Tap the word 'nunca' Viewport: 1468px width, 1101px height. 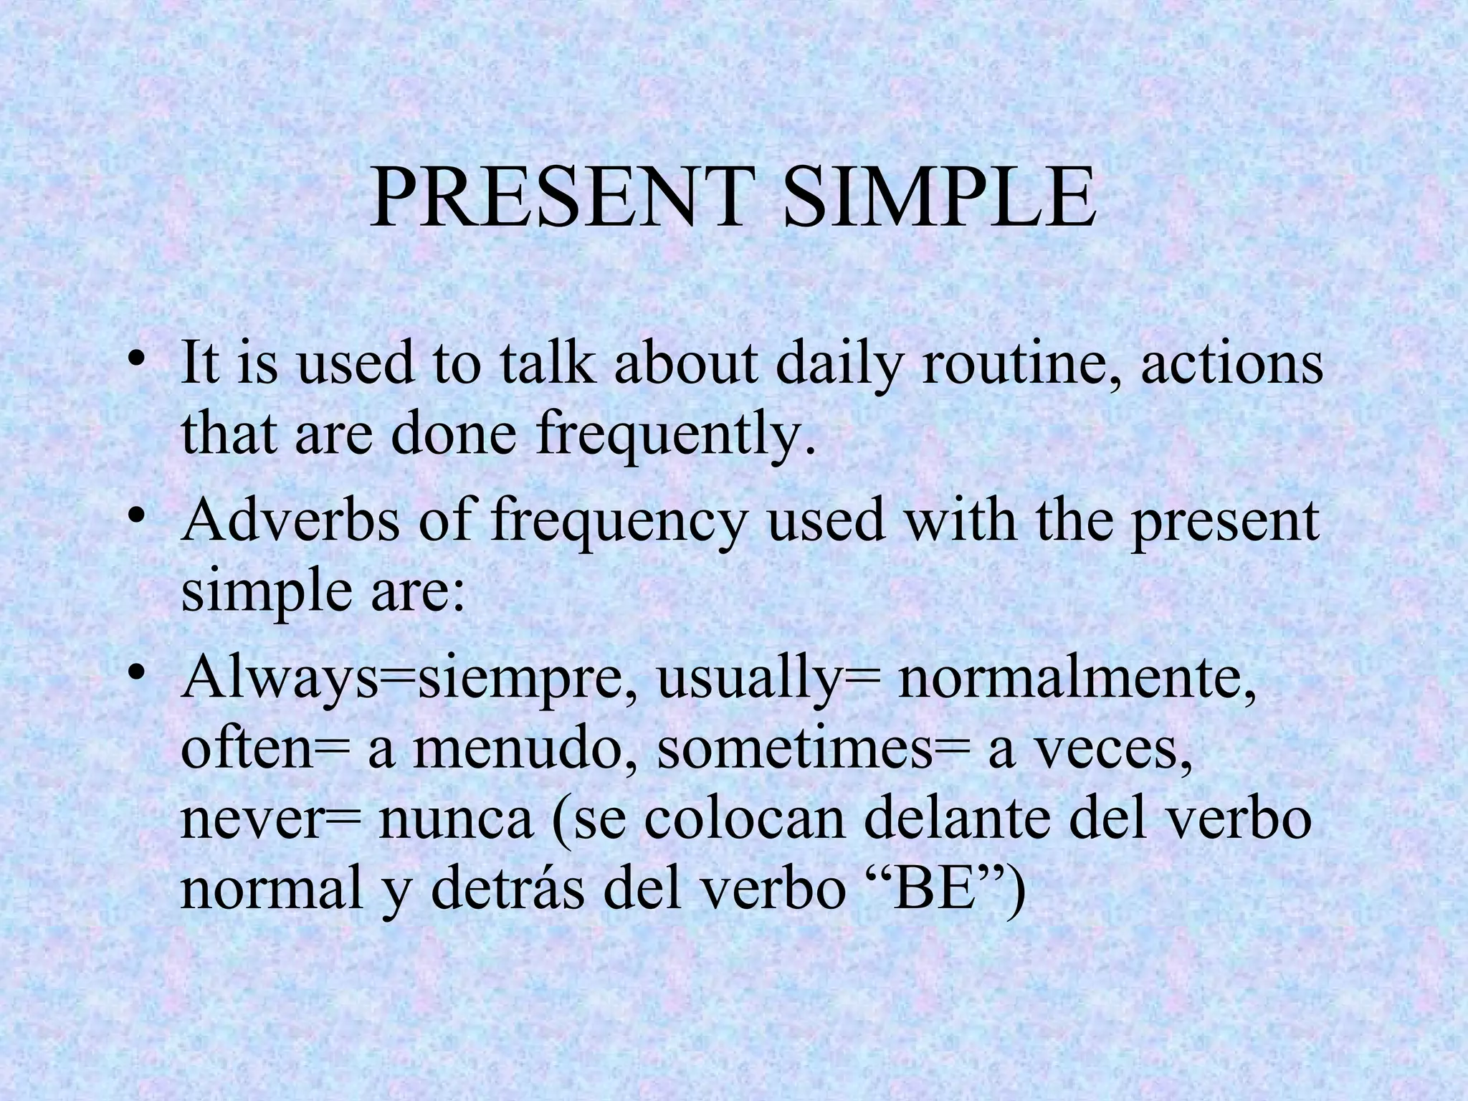tap(456, 821)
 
